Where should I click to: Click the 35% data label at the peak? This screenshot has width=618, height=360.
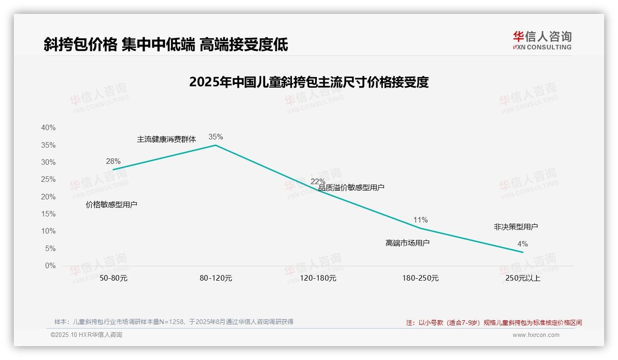pyautogui.click(x=215, y=137)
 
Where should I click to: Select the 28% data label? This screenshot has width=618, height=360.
pyautogui.click(x=113, y=161)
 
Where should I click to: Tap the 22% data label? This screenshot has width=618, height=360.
pyautogui.click(x=318, y=181)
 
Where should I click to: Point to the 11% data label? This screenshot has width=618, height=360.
pyautogui.click(x=421, y=220)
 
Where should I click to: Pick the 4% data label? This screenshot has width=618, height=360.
pyautogui.click(x=523, y=244)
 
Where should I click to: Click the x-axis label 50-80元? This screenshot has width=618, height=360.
pyautogui.click(x=113, y=278)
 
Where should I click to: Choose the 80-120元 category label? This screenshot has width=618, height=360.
pyautogui.click(x=216, y=278)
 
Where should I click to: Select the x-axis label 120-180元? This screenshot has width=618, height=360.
pyautogui.click(x=318, y=278)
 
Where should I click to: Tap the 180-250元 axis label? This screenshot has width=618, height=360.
pyautogui.click(x=421, y=278)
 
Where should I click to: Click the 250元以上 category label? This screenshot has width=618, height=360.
pyautogui.click(x=523, y=278)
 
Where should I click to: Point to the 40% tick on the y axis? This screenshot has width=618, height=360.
pyautogui.click(x=48, y=127)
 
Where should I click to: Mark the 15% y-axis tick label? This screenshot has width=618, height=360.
pyautogui.click(x=48, y=214)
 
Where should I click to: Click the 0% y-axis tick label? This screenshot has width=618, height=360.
pyautogui.click(x=50, y=266)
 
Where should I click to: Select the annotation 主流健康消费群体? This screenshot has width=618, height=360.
pyautogui.click(x=166, y=139)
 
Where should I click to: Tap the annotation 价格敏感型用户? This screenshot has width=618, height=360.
pyautogui.click(x=112, y=204)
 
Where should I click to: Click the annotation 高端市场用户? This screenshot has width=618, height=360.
pyautogui.click(x=408, y=243)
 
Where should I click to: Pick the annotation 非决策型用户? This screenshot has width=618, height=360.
pyautogui.click(x=516, y=227)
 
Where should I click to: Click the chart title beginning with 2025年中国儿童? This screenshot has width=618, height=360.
pyautogui.click(x=309, y=82)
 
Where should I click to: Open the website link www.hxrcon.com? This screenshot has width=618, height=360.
pyautogui.click(x=536, y=335)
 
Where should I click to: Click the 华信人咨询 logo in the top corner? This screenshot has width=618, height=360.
pyautogui.click(x=542, y=40)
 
